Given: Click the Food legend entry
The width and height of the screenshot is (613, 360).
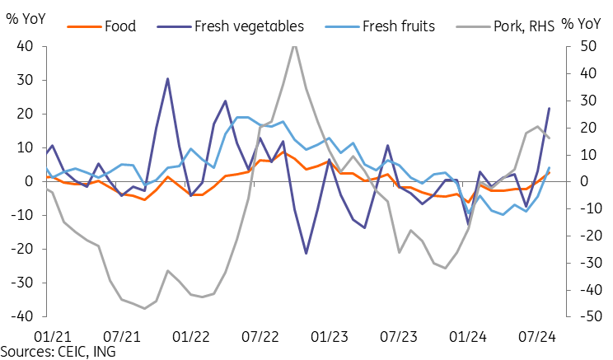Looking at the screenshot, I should [x=120, y=26].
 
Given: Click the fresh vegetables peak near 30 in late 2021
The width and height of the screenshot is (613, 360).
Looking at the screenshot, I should [x=167, y=79].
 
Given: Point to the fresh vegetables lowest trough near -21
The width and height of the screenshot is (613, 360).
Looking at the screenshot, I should [x=306, y=253].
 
